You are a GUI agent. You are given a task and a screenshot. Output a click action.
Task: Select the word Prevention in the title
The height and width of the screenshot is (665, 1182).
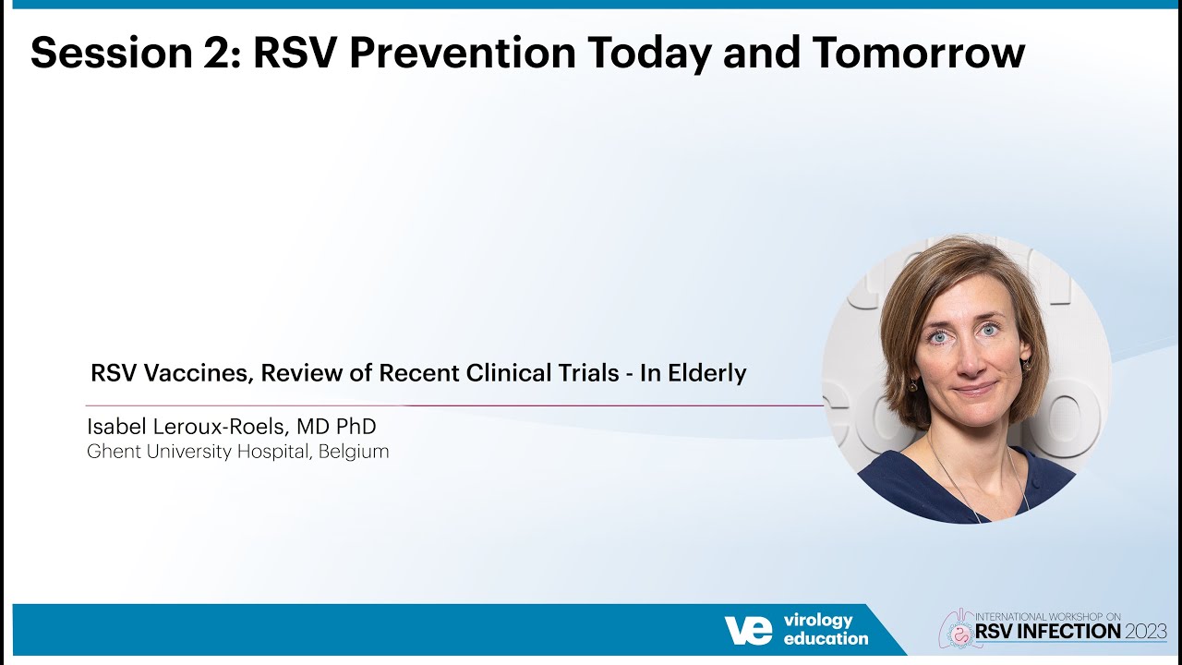click(x=462, y=54)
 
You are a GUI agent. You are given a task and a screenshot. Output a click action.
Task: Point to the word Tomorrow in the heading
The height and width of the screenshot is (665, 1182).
click(x=919, y=54)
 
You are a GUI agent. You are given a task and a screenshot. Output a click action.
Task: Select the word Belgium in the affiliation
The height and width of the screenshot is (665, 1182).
click(x=354, y=452)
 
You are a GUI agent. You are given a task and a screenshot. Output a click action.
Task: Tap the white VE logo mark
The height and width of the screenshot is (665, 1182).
click(x=748, y=630)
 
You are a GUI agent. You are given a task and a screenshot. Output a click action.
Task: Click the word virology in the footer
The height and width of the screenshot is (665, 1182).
click(x=818, y=620)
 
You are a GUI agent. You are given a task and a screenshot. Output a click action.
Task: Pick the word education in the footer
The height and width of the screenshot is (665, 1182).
click(x=826, y=638)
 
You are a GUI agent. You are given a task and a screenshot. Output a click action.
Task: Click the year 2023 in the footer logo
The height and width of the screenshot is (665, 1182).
click(x=1145, y=632)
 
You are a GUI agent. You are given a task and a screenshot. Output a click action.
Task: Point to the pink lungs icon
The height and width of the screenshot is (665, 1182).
click(x=957, y=628)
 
